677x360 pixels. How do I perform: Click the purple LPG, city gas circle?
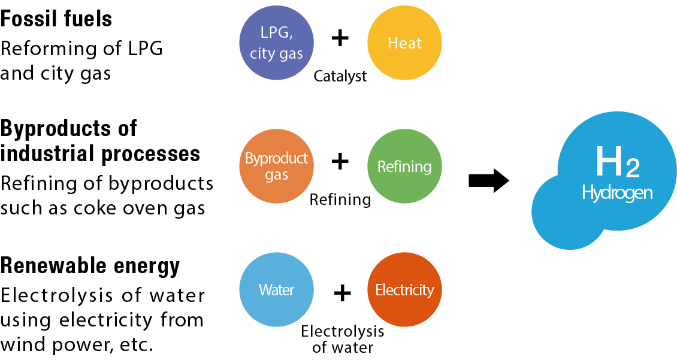click(276, 43)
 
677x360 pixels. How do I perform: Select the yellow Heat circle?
click(404, 43)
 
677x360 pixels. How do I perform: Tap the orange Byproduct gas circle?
click(276, 167)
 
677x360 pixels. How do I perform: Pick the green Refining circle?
click(404, 167)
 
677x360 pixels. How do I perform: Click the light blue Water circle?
click(276, 290)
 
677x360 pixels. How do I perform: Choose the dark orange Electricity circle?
click(404, 290)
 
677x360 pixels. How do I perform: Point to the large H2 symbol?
click(616, 162)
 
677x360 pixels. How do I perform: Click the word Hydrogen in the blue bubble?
click(616, 193)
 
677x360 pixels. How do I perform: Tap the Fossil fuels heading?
click(56, 19)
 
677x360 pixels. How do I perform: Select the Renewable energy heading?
click(90, 265)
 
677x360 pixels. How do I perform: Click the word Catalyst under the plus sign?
click(340, 77)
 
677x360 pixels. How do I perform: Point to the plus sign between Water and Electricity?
click(342, 293)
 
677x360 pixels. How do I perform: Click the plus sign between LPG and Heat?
click(340, 38)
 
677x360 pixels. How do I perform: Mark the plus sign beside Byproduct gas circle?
click(340, 161)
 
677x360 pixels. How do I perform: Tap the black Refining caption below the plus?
click(340, 199)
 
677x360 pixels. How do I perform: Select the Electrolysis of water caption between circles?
click(342, 339)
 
